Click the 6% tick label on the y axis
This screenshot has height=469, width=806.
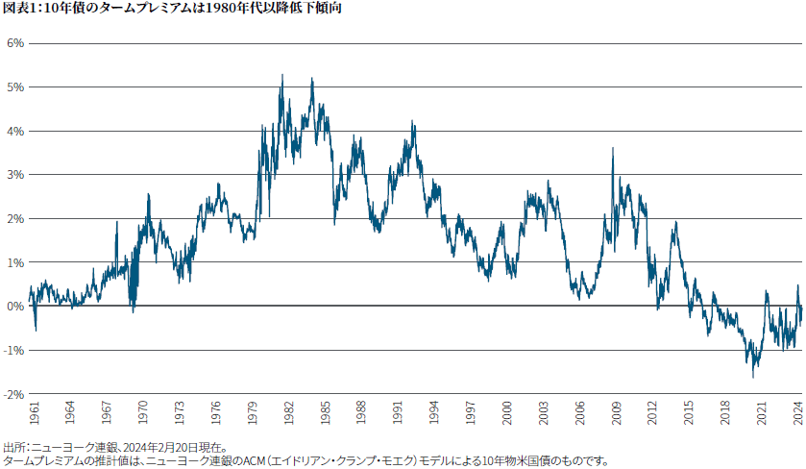coord(14,43)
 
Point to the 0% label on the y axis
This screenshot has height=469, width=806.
coord(14,306)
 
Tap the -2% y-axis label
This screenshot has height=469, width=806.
coord(12,394)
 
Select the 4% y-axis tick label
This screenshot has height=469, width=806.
coord(14,131)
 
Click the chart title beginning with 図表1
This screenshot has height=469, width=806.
coord(172,9)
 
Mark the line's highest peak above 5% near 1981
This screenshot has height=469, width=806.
coord(281,75)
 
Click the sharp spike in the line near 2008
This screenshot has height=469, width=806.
coord(612,148)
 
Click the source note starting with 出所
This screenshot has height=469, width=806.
coord(115,447)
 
